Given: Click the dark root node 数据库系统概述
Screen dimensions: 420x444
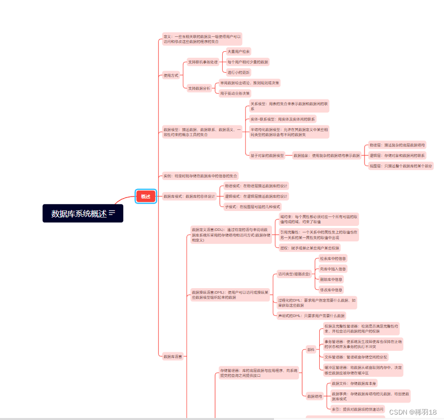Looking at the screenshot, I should tap(83, 213).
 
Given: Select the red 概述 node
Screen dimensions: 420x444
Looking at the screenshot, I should tap(145, 196).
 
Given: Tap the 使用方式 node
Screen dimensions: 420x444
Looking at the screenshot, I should tap(171, 75).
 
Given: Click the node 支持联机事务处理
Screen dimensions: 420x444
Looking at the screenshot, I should tap(203, 62).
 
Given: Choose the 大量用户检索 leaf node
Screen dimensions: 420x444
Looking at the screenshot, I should tap(239, 51).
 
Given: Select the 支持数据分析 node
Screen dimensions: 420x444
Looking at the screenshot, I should tap(199, 88).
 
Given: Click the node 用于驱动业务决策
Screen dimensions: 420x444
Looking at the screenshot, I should tap(235, 93).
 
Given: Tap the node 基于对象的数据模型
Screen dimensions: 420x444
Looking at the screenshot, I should tap(267, 155).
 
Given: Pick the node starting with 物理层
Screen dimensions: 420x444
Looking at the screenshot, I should tap(397, 145).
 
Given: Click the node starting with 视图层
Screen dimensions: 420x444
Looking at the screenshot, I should tap(400, 166).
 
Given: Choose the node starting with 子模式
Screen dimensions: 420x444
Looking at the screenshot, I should tap(252, 207).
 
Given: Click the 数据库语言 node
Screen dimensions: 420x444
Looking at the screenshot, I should tap(173, 356).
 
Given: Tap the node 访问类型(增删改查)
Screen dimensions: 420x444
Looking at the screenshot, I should tap(294, 274).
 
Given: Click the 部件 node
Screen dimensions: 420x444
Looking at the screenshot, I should tap(311, 349).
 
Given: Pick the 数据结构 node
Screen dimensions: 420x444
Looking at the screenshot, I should tap(315, 396).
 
